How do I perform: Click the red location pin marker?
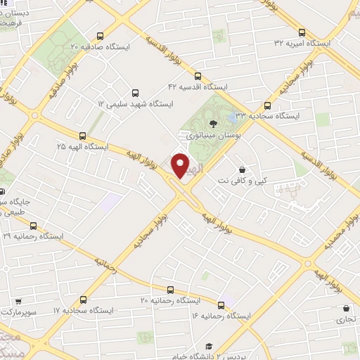(181, 165)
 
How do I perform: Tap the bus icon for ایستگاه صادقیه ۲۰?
(101, 35)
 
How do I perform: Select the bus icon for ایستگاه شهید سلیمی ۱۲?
(134, 92)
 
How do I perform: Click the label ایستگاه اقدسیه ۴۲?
(196, 86)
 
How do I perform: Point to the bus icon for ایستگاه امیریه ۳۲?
(302, 32)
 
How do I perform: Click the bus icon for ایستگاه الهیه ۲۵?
(83, 136)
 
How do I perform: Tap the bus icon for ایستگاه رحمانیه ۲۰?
(170, 290)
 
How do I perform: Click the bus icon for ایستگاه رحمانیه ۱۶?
(222, 305)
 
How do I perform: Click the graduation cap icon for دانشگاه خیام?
(209, 346)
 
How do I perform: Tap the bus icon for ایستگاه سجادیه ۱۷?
(84, 299)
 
